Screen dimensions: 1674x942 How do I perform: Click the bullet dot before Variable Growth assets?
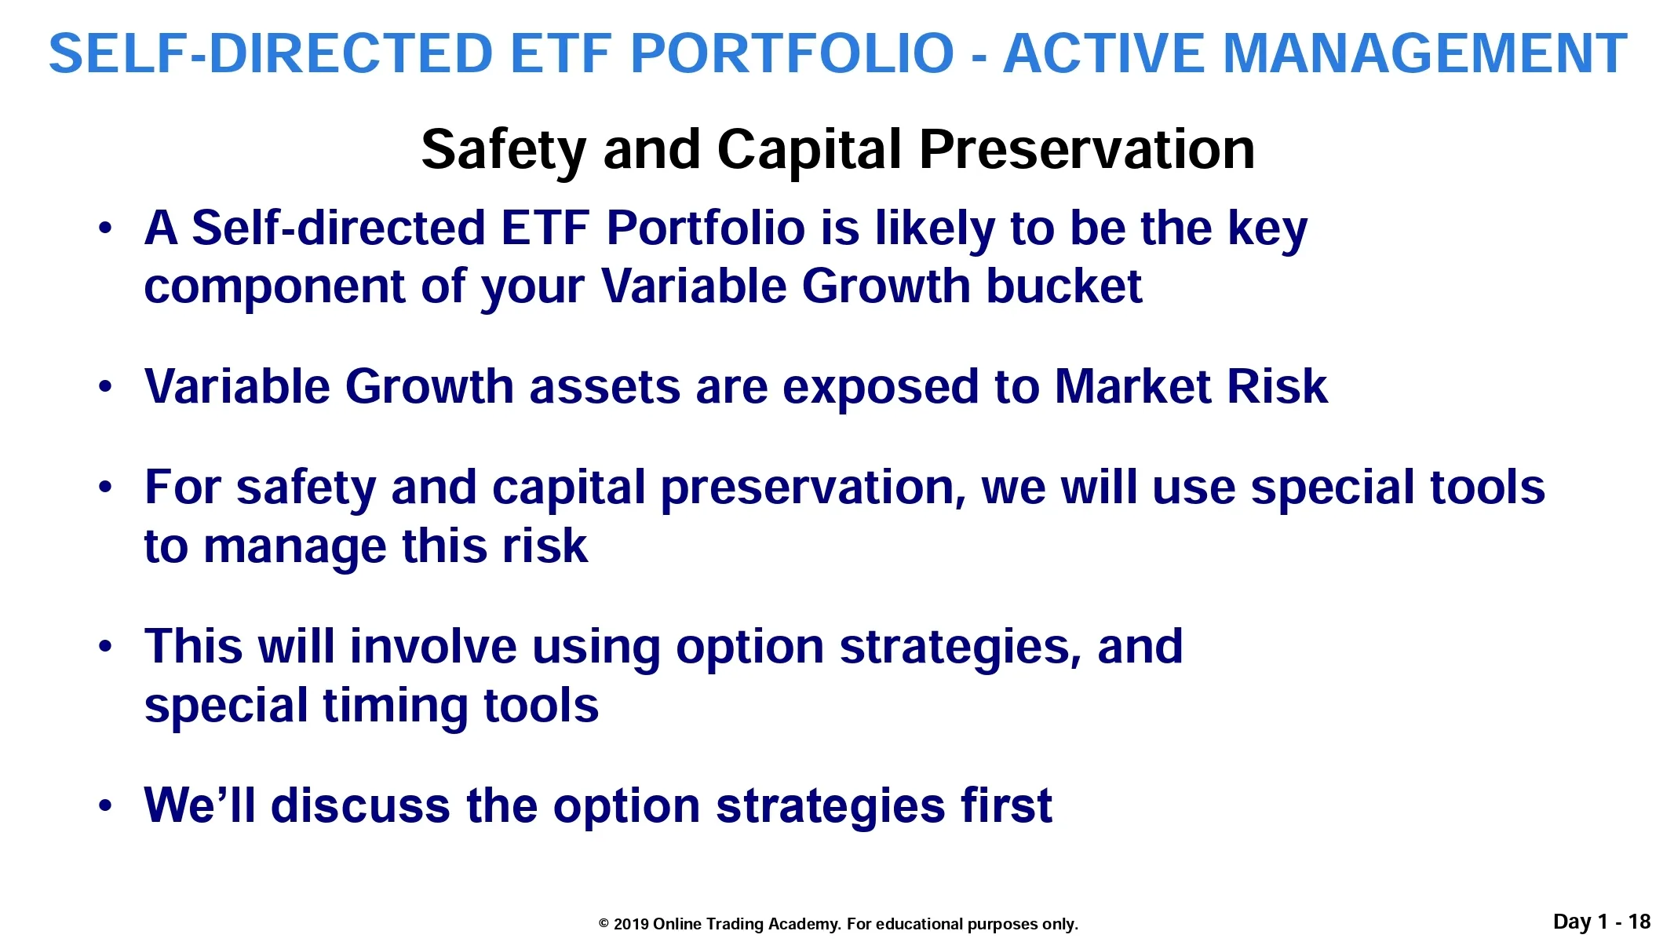click(106, 387)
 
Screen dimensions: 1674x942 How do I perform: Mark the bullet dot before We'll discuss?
click(106, 806)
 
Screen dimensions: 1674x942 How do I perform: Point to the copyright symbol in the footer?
click(604, 924)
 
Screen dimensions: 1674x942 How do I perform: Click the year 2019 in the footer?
click(631, 924)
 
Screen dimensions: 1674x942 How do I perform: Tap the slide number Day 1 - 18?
click(1602, 922)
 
